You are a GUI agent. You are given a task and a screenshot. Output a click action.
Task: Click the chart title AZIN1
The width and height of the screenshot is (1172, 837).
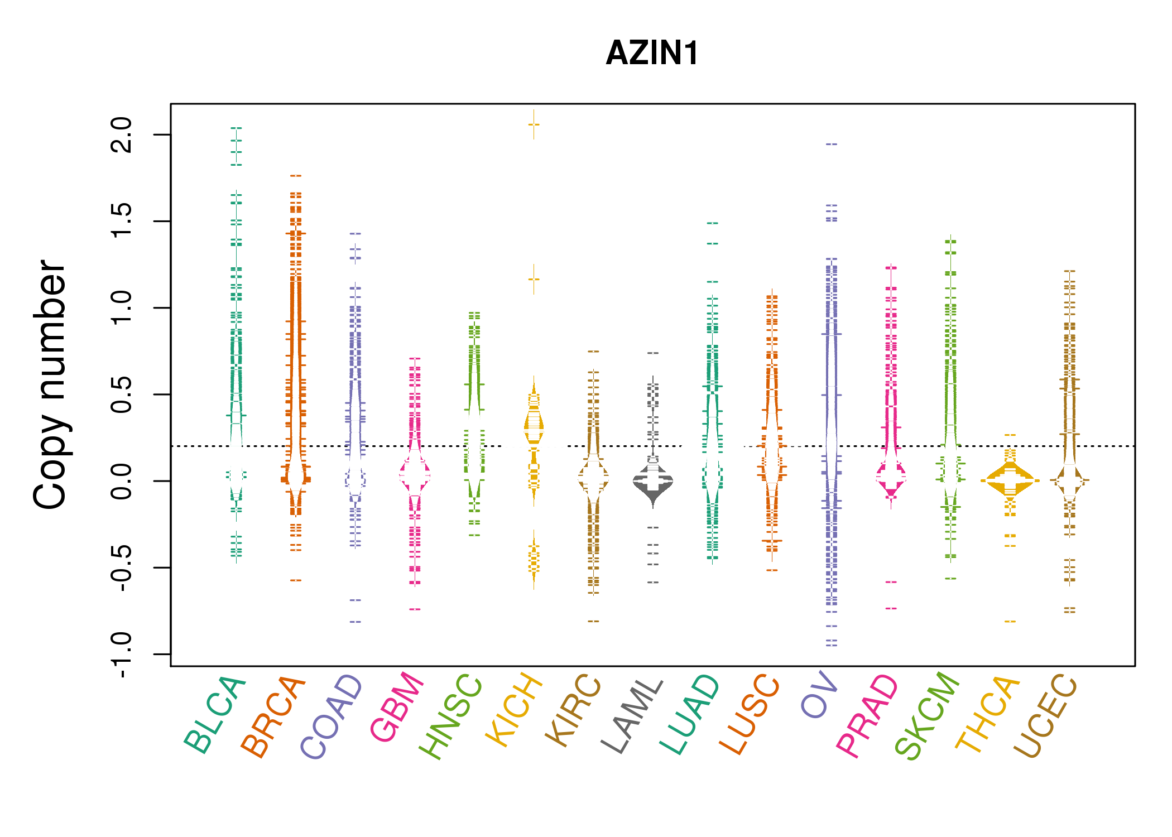coord(652,53)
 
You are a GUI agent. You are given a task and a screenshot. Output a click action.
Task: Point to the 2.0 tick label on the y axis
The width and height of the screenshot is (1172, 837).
coord(122,135)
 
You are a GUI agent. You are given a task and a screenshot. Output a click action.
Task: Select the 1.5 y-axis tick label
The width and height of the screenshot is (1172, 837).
coord(122,222)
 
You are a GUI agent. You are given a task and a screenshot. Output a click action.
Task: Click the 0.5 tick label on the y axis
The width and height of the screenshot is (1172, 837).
coord(122,395)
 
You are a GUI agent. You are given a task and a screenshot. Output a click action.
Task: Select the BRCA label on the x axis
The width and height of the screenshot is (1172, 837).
coord(273,716)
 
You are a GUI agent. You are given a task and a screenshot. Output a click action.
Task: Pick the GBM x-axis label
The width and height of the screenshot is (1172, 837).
coord(397,707)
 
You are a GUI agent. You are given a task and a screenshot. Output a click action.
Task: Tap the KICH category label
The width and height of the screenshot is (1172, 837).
coord(514,709)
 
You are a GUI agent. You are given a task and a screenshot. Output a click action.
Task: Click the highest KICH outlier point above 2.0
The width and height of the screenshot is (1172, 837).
coord(534,124)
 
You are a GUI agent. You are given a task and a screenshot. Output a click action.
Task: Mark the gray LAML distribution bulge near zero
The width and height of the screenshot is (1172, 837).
coord(653,480)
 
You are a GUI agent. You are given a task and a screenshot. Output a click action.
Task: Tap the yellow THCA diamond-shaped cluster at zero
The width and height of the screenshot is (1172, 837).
coord(1010,480)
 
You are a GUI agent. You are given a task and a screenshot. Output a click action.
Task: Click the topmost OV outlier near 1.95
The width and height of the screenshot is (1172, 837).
coord(832,144)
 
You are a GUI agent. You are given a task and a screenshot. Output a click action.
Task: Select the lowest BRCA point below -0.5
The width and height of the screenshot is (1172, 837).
coord(296,580)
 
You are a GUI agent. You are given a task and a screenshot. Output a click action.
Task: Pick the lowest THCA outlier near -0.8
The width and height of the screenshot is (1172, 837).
coord(1010,621)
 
